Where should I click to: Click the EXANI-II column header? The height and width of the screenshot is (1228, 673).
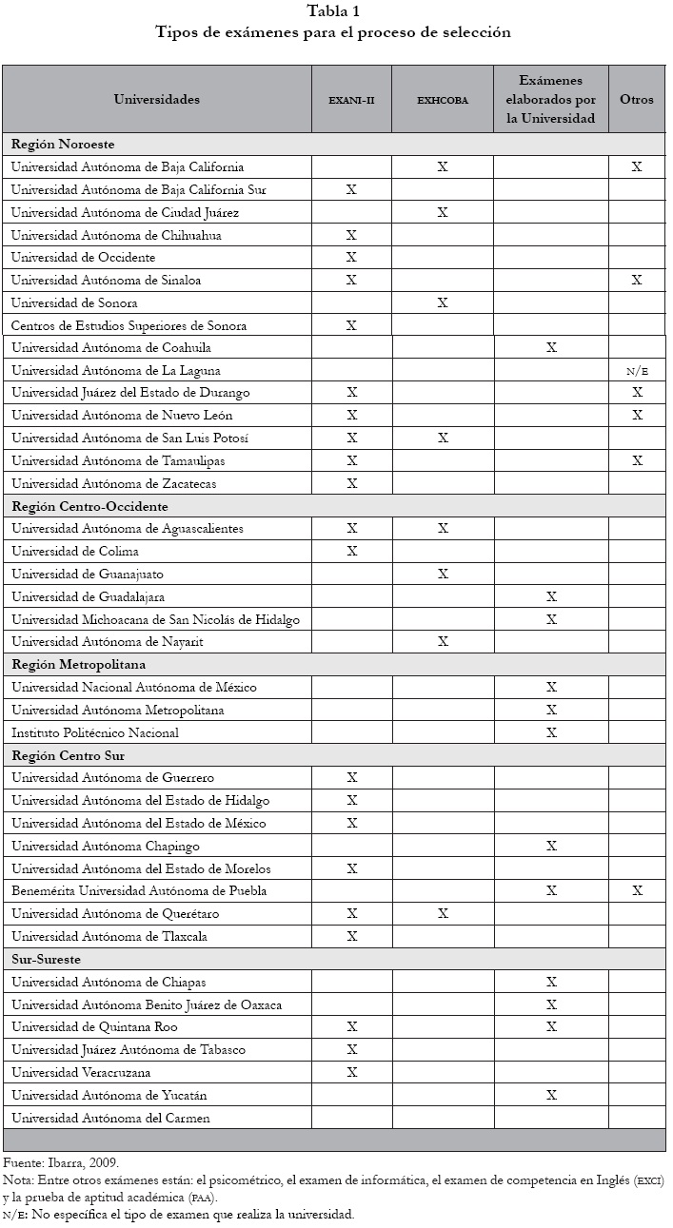point(351,99)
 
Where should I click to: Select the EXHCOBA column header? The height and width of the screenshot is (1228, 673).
point(442,99)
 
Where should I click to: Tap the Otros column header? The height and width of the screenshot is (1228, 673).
point(637,99)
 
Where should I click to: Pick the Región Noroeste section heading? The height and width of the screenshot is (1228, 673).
point(63,145)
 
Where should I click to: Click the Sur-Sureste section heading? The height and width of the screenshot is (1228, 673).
point(47,959)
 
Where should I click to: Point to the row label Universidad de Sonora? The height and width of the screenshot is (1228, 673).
point(74,303)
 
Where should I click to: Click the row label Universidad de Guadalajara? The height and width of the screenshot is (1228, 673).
point(87,596)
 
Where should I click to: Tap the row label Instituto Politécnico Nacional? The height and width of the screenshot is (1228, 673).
point(95,732)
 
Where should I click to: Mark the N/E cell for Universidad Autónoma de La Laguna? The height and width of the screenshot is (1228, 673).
point(637,371)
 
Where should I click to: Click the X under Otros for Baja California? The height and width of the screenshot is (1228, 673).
point(637,167)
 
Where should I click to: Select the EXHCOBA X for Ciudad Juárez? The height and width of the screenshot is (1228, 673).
point(442,212)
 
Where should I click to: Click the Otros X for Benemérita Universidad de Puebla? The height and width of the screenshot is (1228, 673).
point(637,891)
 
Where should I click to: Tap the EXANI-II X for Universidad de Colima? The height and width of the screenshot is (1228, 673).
point(351,552)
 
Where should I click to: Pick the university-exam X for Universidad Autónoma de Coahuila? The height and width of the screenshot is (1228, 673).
point(550,348)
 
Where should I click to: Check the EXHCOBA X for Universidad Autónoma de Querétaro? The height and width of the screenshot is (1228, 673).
point(442,914)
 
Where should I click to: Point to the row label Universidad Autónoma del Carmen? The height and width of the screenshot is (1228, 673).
point(110,1118)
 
